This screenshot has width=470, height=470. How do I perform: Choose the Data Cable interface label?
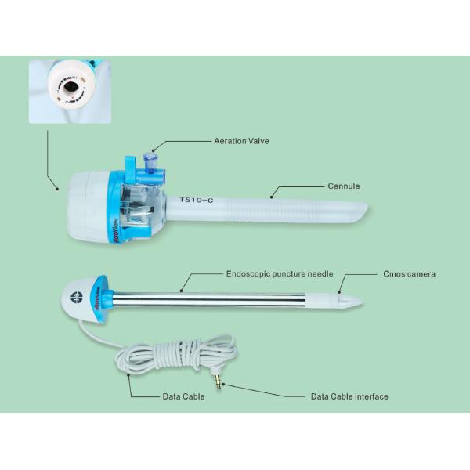click(x=349, y=396)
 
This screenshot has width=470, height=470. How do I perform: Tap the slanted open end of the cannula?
click(x=362, y=211)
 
